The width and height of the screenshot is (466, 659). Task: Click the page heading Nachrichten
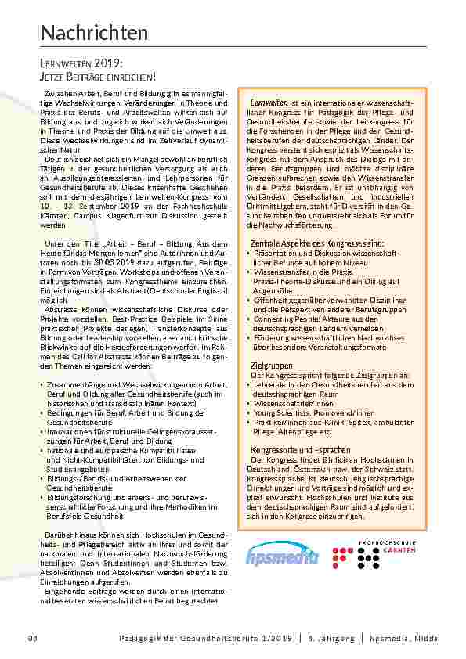94,33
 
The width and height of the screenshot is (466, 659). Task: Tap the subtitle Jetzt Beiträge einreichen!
98,76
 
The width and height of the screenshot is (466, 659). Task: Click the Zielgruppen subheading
271,366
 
